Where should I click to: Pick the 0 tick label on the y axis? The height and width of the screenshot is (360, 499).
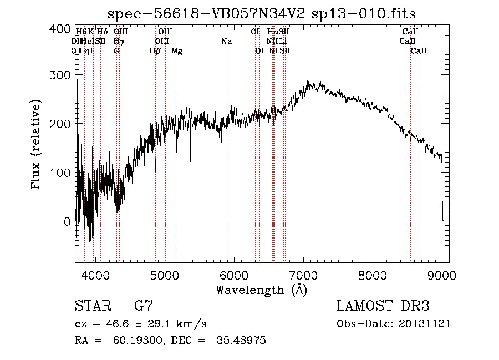(x=67, y=221)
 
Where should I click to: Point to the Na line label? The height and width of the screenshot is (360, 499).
(x=226, y=42)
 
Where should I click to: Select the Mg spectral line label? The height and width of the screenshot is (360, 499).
(x=177, y=51)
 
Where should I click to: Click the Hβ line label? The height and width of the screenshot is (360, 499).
(x=155, y=51)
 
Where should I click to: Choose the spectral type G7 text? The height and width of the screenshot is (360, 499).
(x=144, y=306)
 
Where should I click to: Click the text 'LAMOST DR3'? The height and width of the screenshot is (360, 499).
(x=383, y=306)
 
